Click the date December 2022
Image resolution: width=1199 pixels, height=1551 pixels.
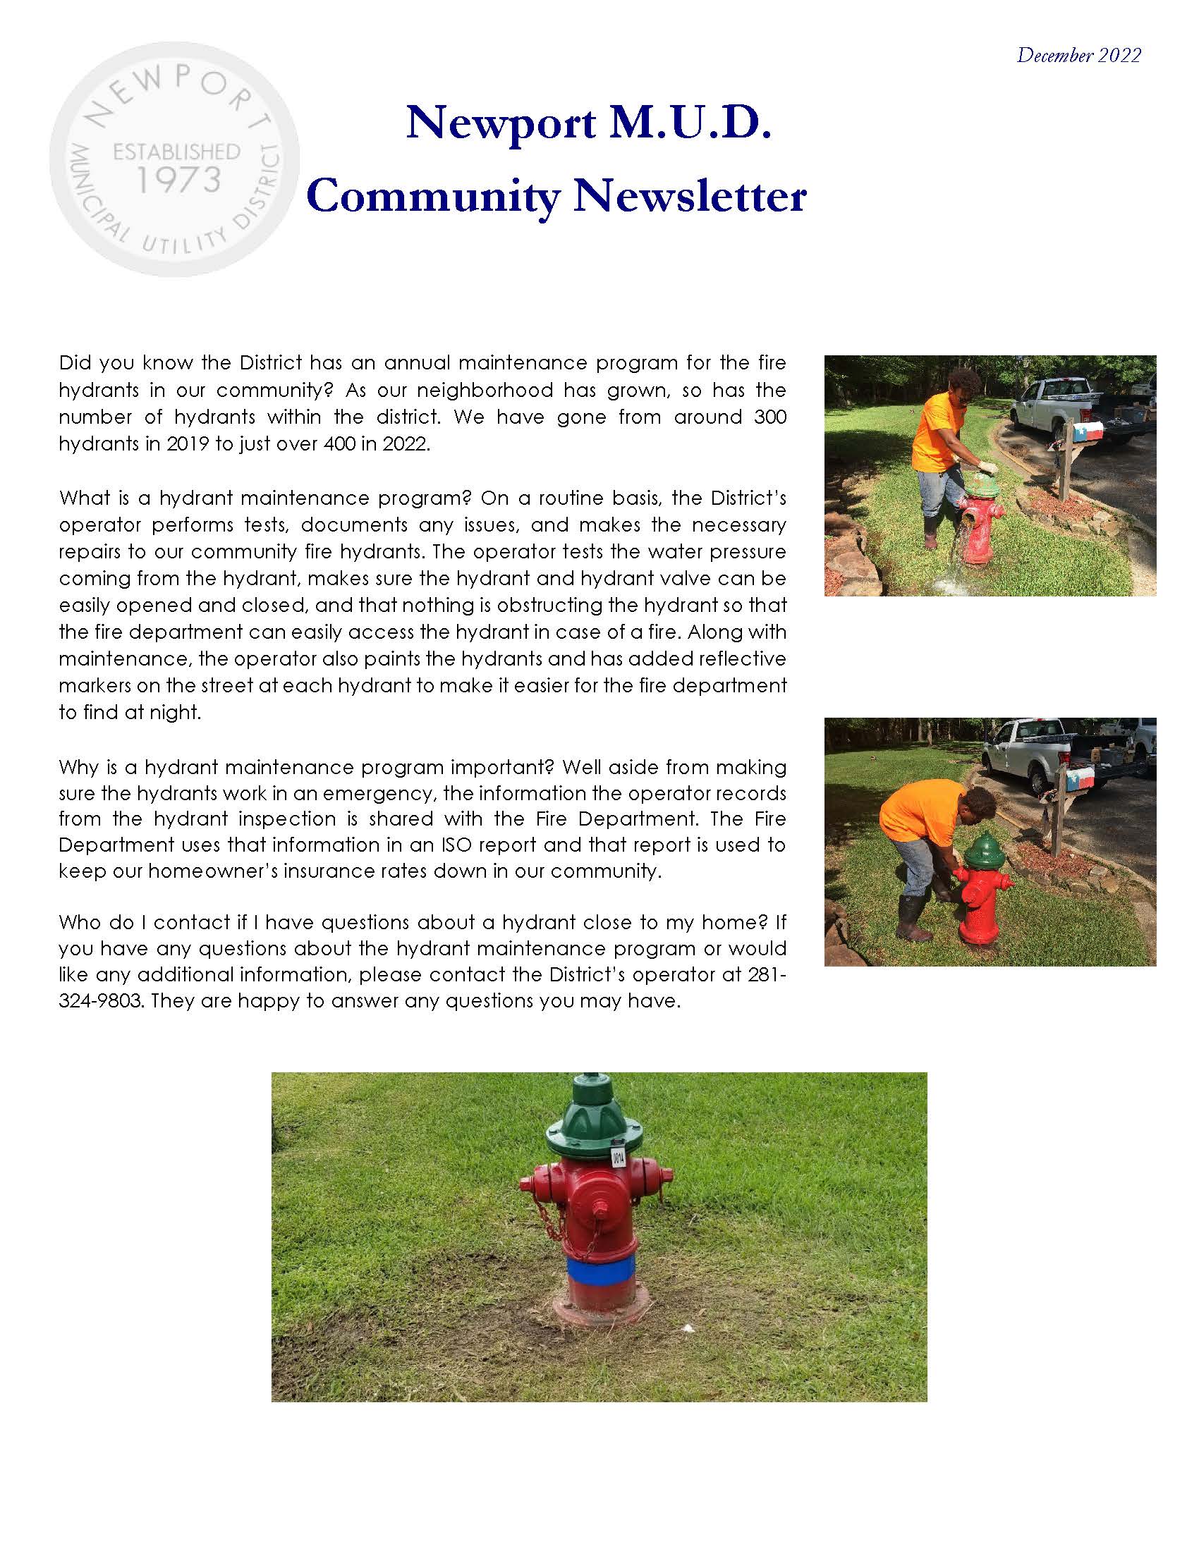[x=1078, y=56]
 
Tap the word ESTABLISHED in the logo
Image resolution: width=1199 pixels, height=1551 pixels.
[x=177, y=152]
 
